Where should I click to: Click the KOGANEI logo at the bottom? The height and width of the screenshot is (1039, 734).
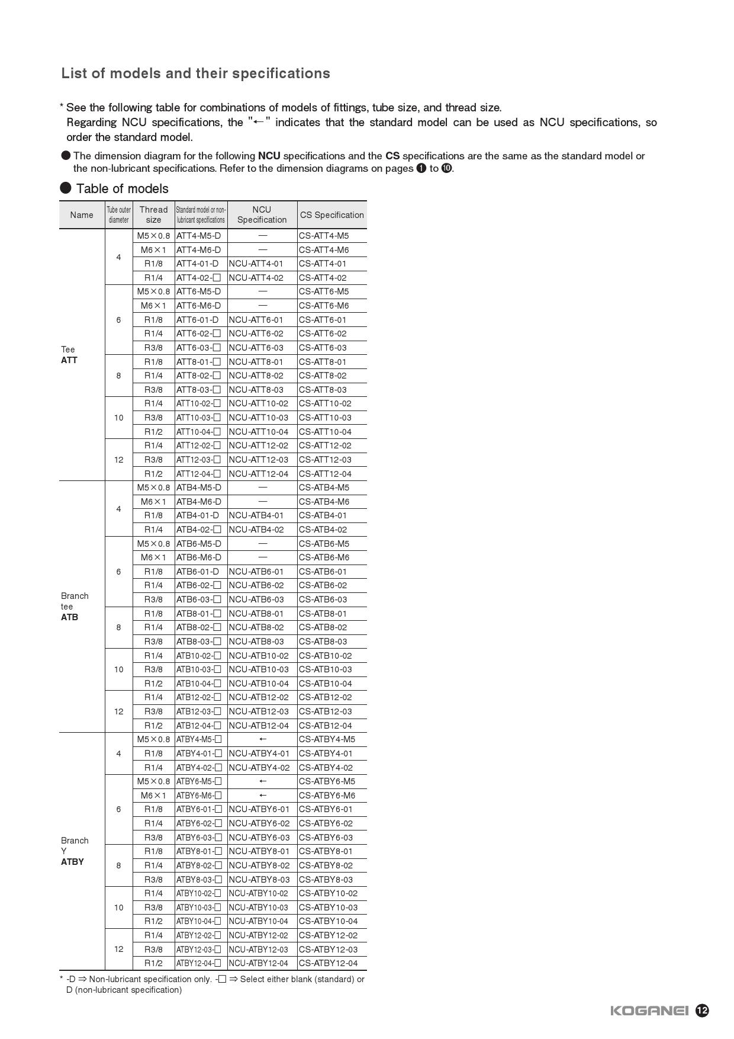pos(649,1011)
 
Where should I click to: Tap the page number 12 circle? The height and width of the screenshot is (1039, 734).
pos(702,1011)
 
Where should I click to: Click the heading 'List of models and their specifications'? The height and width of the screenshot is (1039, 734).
pos(195,73)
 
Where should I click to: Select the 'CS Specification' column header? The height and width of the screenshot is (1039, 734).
pos(331,215)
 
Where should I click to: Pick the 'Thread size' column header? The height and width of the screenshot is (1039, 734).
pos(153,214)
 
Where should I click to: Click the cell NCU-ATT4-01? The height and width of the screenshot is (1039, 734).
pos(256,264)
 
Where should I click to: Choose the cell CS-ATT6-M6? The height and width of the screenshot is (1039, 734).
pos(324,306)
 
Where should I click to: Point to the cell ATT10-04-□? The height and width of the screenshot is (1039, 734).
pos(198,432)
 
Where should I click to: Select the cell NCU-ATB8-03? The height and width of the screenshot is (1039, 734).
pos(256,642)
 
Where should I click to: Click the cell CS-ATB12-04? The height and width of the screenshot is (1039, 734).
pos(326,726)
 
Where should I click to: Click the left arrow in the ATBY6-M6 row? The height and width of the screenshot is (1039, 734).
pos(263,796)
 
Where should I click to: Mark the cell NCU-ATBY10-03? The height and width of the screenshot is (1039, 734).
pos(259,907)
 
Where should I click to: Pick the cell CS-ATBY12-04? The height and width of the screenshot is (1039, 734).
pos(329,963)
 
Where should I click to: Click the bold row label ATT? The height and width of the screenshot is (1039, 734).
pos(69,360)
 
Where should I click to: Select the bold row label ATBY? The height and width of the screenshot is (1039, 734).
pos(72,862)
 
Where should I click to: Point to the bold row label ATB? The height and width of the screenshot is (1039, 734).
pos(69,617)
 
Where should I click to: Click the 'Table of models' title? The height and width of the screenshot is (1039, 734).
pos(122,188)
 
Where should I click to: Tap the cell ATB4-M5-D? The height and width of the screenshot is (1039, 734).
pos(199,488)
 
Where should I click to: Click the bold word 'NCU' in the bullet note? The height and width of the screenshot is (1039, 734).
pos(269,156)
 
